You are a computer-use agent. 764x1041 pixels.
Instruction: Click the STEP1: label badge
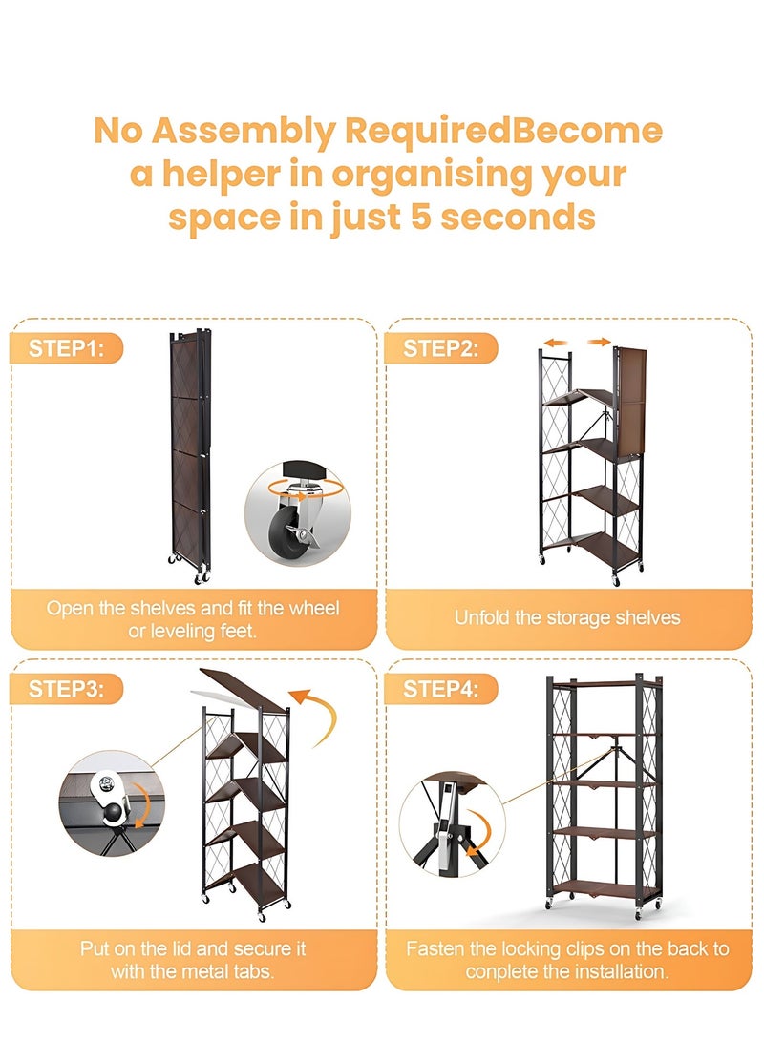click(x=67, y=348)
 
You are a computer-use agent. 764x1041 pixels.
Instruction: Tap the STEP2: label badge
click(x=441, y=348)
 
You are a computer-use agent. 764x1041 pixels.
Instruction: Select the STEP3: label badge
click(x=67, y=689)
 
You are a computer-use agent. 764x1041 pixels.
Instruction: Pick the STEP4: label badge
click(x=441, y=689)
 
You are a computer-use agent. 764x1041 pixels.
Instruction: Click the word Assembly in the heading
click(x=244, y=132)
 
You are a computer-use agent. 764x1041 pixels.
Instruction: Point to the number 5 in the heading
click(x=421, y=218)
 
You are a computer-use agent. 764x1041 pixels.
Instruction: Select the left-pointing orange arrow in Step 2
click(x=556, y=343)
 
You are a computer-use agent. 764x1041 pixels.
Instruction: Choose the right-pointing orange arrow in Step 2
click(x=599, y=342)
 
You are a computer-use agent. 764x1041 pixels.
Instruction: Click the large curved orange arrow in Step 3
click(x=322, y=716)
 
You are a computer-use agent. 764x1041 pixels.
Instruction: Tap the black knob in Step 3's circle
click(x=114, y=813)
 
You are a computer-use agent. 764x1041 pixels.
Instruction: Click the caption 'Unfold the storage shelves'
click(x=567, y=618)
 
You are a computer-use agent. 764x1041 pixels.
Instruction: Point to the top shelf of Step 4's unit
click(x=605, y=683)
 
